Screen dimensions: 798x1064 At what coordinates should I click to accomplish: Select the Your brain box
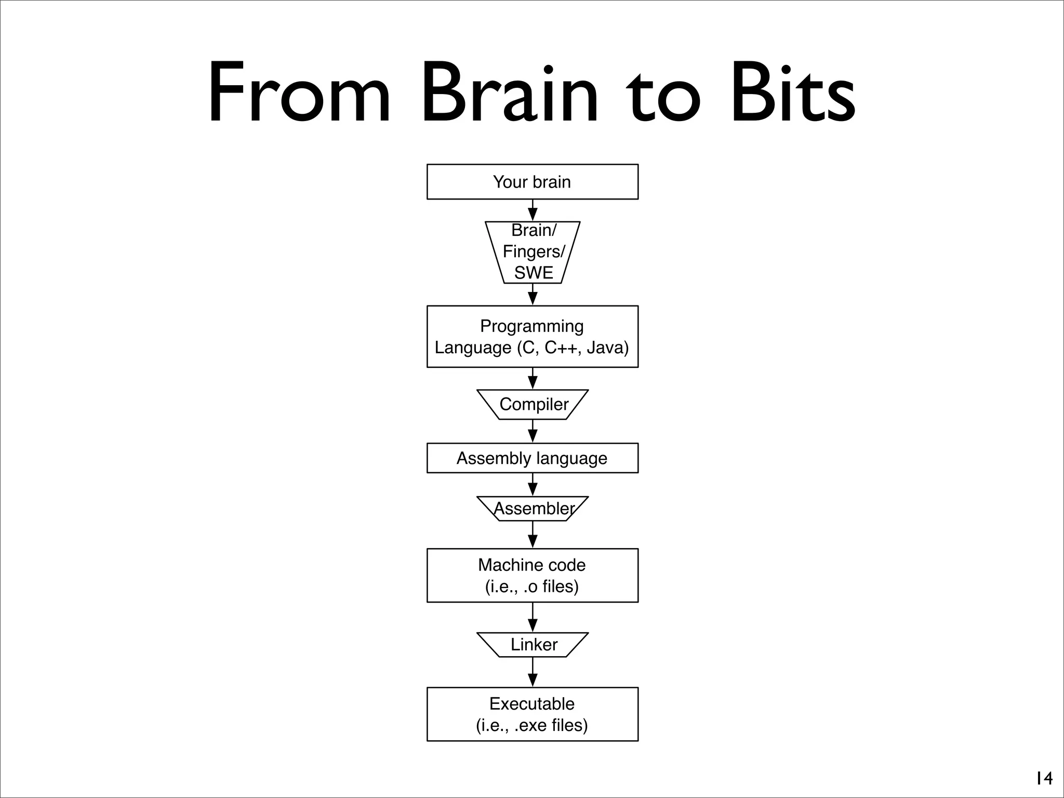pyautogui.click(x=532, y=182)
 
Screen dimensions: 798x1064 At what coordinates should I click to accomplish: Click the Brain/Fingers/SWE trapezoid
pyautogui.click(x=533, y=252)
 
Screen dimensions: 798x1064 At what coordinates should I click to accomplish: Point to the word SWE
pyautogui.click(x=534, y=273)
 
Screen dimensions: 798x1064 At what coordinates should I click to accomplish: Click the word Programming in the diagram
pyautogui.click(x=531, y=326)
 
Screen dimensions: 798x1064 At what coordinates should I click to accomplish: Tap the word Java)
pyautogui.click(x=607, y=348)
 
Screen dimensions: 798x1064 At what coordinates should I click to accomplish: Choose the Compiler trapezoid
pyautogui.click(x=533, y=404)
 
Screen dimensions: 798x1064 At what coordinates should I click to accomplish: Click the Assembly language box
pyautogui.click(x=532, y=458)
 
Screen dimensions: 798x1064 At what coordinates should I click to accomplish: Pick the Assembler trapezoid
pyautogui.click(x=533, y=509)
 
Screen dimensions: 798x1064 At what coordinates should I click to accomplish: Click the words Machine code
pyautogui.click(x=531, y=565)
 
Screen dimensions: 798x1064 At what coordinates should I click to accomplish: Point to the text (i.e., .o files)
pyautogui.click(x=531, y=587)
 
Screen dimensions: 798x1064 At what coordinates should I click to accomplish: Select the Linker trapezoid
pyautogui.click(x=533, y=645)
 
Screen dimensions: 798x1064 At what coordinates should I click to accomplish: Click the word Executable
pyautogui.click(x=531, y=704)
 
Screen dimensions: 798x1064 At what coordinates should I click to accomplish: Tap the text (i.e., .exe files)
pyautogui.click(x=531, y=725)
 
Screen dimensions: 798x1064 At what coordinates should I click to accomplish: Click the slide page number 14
pyautogui.click(x=1043, y=778)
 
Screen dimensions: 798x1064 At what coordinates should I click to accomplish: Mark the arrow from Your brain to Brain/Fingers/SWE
pyautogui.click(x=533, y=211)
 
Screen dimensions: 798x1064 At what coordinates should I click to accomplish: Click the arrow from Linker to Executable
pyautogui.click(x=533, y=673)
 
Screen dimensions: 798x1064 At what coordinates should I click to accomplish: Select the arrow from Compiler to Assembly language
pyautogui.click(x=533, y=431)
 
